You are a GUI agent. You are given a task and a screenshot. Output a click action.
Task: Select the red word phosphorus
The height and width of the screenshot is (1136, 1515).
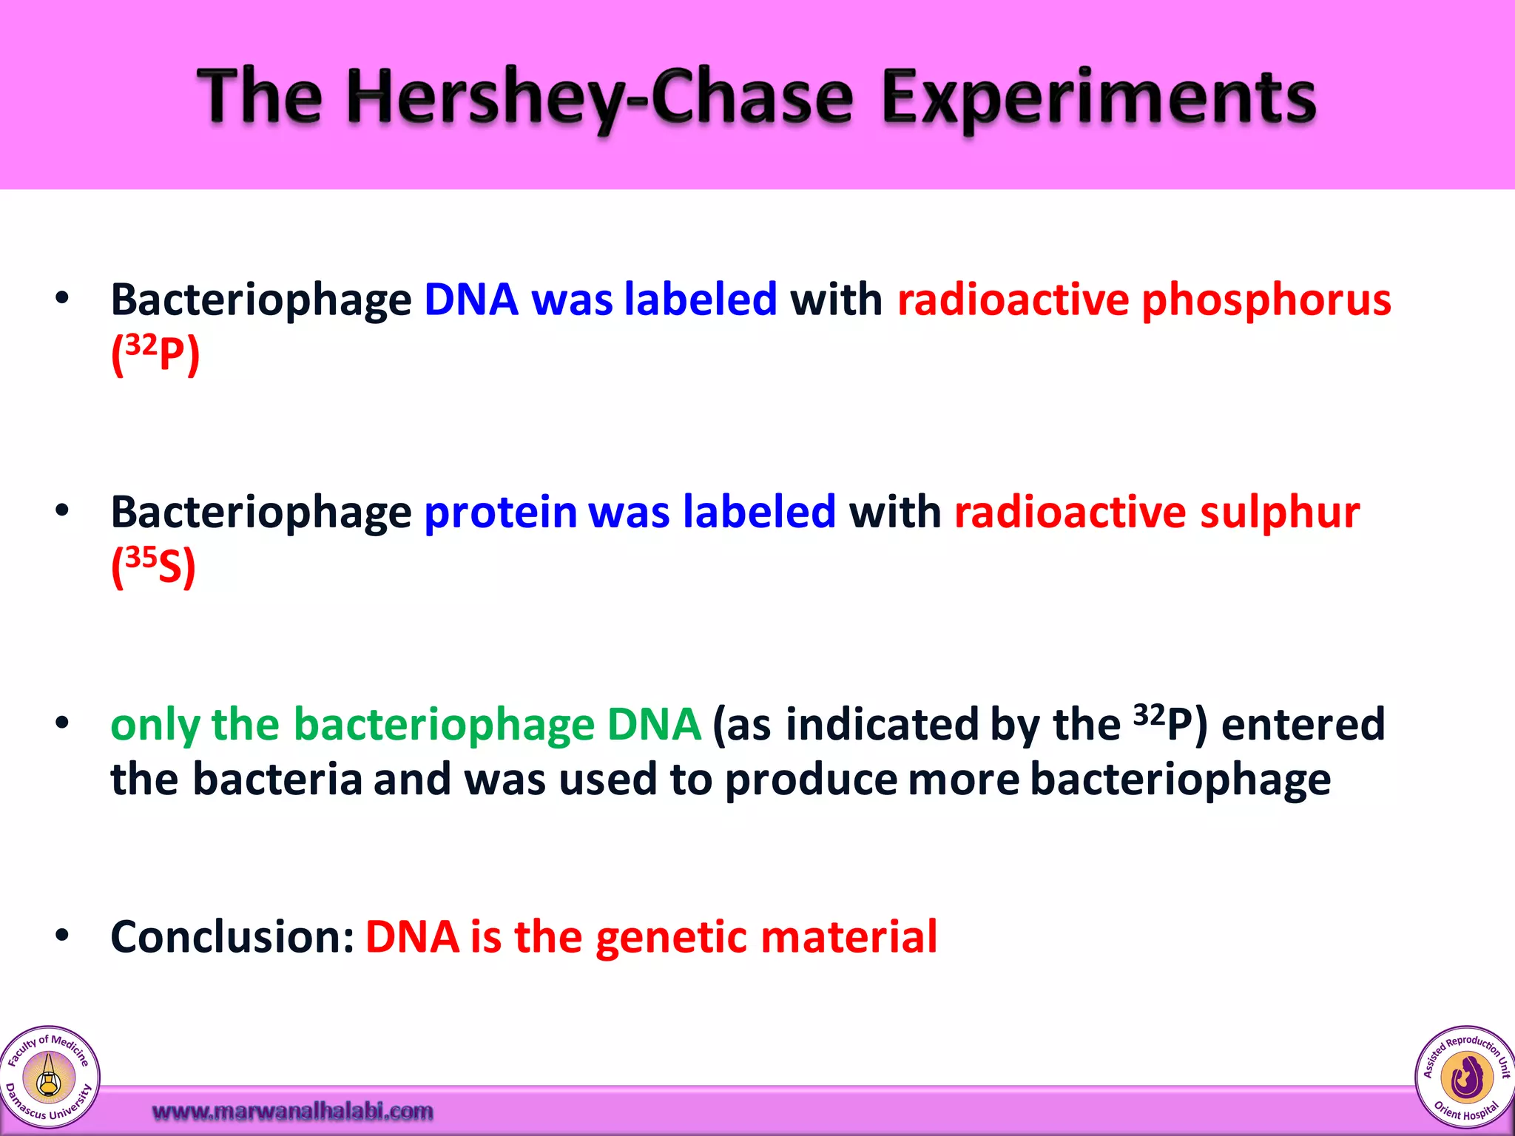pyautogui.click(x=1266, y=300)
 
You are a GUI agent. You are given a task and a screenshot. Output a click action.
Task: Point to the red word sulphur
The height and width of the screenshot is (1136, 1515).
pyautogui.click(x=1280, y=512)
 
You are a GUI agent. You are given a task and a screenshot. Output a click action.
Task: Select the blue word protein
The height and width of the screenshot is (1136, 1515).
pyautogui.click(x=500, y=512)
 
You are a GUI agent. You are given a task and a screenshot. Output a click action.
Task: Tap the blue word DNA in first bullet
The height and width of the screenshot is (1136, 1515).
pyautogui.click(x=471, y=300)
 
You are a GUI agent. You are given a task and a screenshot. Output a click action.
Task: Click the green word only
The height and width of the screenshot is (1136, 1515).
pyautogui.click(x=155, y=725)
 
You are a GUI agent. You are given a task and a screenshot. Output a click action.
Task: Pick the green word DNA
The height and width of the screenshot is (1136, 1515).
pyautogui.click(x=654, y=725)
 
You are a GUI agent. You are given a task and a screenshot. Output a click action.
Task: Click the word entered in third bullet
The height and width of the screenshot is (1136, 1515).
pyautogui.click(x=1303, y=725)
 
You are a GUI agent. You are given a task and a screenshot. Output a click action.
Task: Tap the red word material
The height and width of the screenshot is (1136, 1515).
pyautogui.click(x=849, y=937)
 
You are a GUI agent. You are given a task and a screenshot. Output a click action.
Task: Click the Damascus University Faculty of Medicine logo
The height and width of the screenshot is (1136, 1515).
pyautogui.click(x=49, y=1077)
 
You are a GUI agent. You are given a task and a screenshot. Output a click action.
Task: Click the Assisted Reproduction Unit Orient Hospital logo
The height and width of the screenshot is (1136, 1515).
pyautogui.click(x=1465, y=1077)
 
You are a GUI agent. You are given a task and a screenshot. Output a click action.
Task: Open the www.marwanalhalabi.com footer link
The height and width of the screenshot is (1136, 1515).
pyautogui.click(x=293, y=1111)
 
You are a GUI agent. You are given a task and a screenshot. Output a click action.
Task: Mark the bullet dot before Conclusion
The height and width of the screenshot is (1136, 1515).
pyautogui.click(x=62, y=936)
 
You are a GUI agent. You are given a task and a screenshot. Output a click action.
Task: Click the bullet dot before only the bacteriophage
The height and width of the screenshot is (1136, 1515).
pyautogui.click(x=62, y=723)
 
